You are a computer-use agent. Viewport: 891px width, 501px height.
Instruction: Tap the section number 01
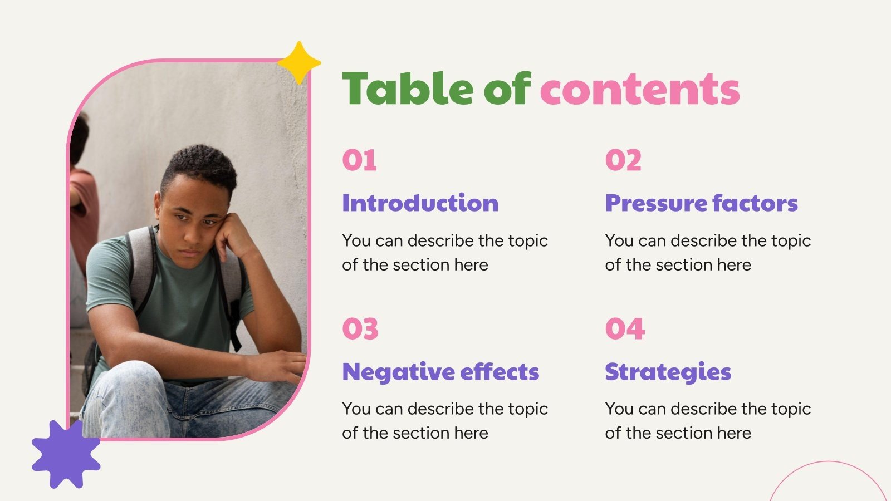coord(359,160)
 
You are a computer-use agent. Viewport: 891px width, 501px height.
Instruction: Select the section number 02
coord(623,160)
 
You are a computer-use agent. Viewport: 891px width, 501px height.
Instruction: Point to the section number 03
coord(360,329)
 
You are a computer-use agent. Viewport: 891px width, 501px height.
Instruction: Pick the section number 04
coord(625,329)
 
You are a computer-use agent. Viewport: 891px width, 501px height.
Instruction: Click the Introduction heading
coord(420,203)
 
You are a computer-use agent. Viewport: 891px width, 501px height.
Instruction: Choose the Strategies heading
coord(668,372)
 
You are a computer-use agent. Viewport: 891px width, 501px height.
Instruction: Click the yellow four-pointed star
coord(299,63)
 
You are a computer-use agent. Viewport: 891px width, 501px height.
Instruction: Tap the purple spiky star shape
coord(66,454)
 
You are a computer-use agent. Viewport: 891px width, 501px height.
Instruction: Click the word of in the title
coord(507,89)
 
